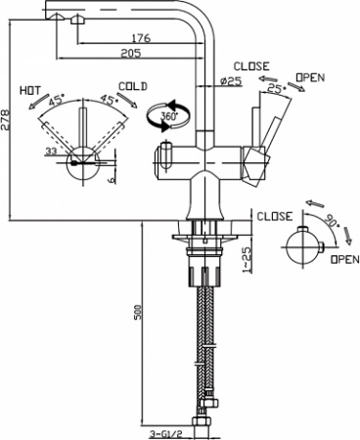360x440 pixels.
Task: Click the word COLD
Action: [x=132, y=86]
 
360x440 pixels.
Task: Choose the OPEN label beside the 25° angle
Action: [x=311, y=76]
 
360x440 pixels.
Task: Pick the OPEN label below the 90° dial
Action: [x=343, y=260]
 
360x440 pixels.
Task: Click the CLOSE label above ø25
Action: [x=251, y=65]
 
